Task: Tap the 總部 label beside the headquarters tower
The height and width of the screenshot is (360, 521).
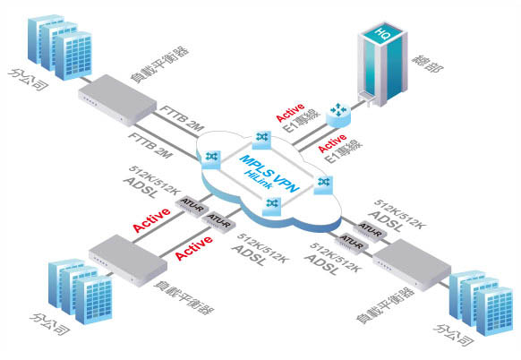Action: coord(427,64)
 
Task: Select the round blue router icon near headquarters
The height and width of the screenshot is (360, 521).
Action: coord(338,115)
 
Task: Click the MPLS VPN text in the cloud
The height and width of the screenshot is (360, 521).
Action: coord(269,173)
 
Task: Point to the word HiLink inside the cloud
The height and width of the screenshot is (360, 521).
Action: coord(258,179)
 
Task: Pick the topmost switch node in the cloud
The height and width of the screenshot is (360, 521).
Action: coord(261,140)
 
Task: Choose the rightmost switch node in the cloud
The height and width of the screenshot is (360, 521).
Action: coord(323,184)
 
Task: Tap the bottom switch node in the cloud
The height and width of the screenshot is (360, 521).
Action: coord(272,206)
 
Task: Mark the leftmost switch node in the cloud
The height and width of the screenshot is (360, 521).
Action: coord(210,159)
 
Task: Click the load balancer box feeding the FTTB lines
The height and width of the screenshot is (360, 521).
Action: coord(117,99)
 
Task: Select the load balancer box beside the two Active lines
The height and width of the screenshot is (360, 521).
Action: coord(128,260)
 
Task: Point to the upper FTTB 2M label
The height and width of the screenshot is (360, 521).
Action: coord(183,117)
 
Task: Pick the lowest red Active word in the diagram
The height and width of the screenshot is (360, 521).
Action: coord(194,247)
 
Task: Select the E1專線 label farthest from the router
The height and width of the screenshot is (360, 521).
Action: coord(345,151)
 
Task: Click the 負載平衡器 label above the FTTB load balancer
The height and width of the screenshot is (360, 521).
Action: coord(160,64)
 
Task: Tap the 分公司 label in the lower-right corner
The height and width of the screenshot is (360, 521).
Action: coord(453,336)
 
